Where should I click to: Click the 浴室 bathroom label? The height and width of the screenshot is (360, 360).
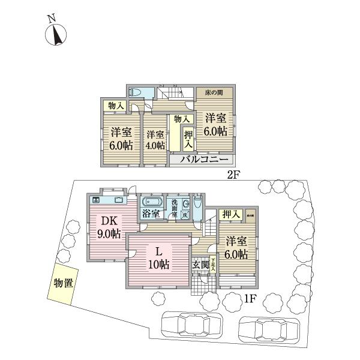tap(151, 214)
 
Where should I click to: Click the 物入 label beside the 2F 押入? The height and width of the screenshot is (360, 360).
tap(182, 120)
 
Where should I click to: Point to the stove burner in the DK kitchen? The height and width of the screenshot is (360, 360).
tap(96, 199)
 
